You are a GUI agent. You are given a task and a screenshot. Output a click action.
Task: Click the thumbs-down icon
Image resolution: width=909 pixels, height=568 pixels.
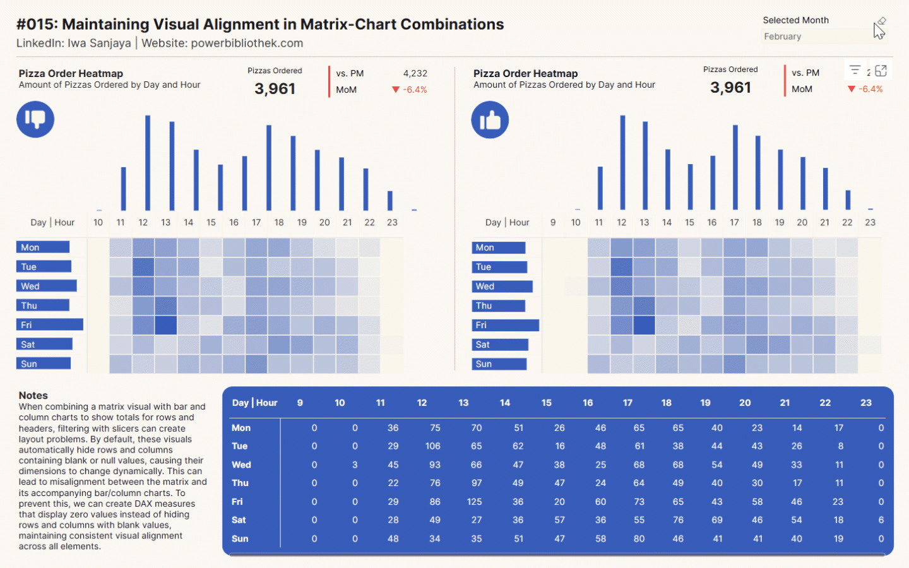[x=35, y=119]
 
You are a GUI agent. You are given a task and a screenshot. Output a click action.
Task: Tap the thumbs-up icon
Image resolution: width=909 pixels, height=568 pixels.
[x=490, y=120]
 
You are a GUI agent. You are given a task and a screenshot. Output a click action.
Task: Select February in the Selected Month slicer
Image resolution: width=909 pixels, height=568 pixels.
[x=783, y=37]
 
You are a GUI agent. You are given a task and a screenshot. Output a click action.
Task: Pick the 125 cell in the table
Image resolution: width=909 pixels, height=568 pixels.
[x=474, y=502]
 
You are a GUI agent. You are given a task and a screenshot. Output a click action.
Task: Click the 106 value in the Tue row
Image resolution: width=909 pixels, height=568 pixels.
[x=432, y=446]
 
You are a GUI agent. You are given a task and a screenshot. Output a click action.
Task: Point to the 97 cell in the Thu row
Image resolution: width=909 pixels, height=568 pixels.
[x=477, y=483]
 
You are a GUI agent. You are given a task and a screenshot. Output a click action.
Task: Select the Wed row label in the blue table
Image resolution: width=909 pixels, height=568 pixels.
[x=241, y=465]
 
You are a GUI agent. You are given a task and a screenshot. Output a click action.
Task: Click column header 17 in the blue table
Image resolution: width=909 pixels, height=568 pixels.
[x=627, y=403]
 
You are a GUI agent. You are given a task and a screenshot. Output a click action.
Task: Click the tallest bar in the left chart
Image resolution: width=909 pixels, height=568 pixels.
[x=148, y=163]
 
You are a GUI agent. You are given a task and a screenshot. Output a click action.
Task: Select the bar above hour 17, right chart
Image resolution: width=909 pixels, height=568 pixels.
[x=735, y=167]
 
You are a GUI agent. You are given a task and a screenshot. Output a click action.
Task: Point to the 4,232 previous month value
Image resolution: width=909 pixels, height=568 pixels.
[x=415, y=74]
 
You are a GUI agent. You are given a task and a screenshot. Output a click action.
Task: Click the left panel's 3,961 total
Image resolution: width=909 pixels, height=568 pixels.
[x=275, y=89]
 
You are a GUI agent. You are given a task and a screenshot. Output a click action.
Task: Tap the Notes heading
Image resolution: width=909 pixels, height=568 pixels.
[x=33, y=396]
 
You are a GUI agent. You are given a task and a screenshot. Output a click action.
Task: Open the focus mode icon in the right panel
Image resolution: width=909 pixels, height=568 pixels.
[x=881, y=71]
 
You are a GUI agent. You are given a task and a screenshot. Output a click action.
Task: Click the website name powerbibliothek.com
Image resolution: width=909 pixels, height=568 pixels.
[x=247, y=44]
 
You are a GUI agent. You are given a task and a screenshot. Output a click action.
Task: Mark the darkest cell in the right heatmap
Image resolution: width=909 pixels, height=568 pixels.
[x=644, y=326]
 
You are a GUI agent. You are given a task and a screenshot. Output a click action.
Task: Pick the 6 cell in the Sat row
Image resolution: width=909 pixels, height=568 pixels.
[x=881, y=520]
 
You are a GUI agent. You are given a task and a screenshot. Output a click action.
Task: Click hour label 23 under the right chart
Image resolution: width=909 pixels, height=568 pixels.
[x=870, y=223]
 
